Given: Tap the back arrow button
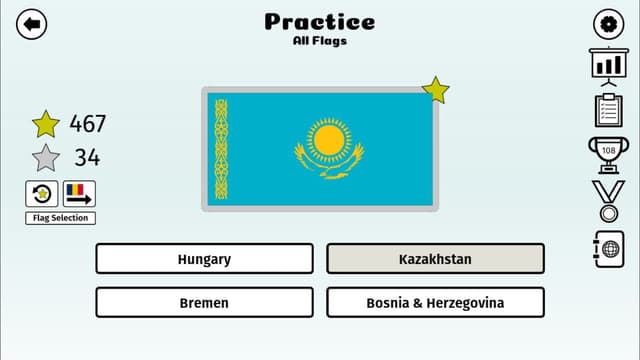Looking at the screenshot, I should pyautogui.click(x=32, y=24).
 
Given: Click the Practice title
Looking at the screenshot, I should pyautogui.click(x=320, y=21).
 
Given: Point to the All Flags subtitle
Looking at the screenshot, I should pyautogui.click(x=320, y=41).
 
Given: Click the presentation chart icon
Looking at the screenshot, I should pyautogui.click(x=608, y=65).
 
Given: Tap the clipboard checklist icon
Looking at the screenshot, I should pyautogui.click(x=608, y=109).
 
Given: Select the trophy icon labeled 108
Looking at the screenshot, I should pyautogui.click(x=608, y=153).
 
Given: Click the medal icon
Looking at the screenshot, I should pyautogui.click(x=608, y=198).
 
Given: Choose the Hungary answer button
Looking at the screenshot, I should pyautogui.click(x=204, y=259).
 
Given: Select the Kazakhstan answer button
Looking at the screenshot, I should pyautogui.click(x=435, y=259).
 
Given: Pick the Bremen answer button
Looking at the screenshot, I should pyautogui.click(x=204, y=302).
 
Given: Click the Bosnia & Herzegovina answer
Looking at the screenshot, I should pyautogui.click(x=435, y=302).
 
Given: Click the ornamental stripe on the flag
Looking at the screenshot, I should pyautogui.click(x=221, y=148).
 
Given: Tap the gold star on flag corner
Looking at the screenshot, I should pyautogui.click(x=436, y=90).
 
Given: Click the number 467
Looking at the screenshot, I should pyautogui.click(x=87, y=124).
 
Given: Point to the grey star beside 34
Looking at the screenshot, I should pyautogui.click(x=45, y=158).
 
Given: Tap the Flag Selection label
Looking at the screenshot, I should pyautogui.click(x=61, y=218).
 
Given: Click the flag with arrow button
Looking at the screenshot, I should pyautogui.click(x=79, y=193).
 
